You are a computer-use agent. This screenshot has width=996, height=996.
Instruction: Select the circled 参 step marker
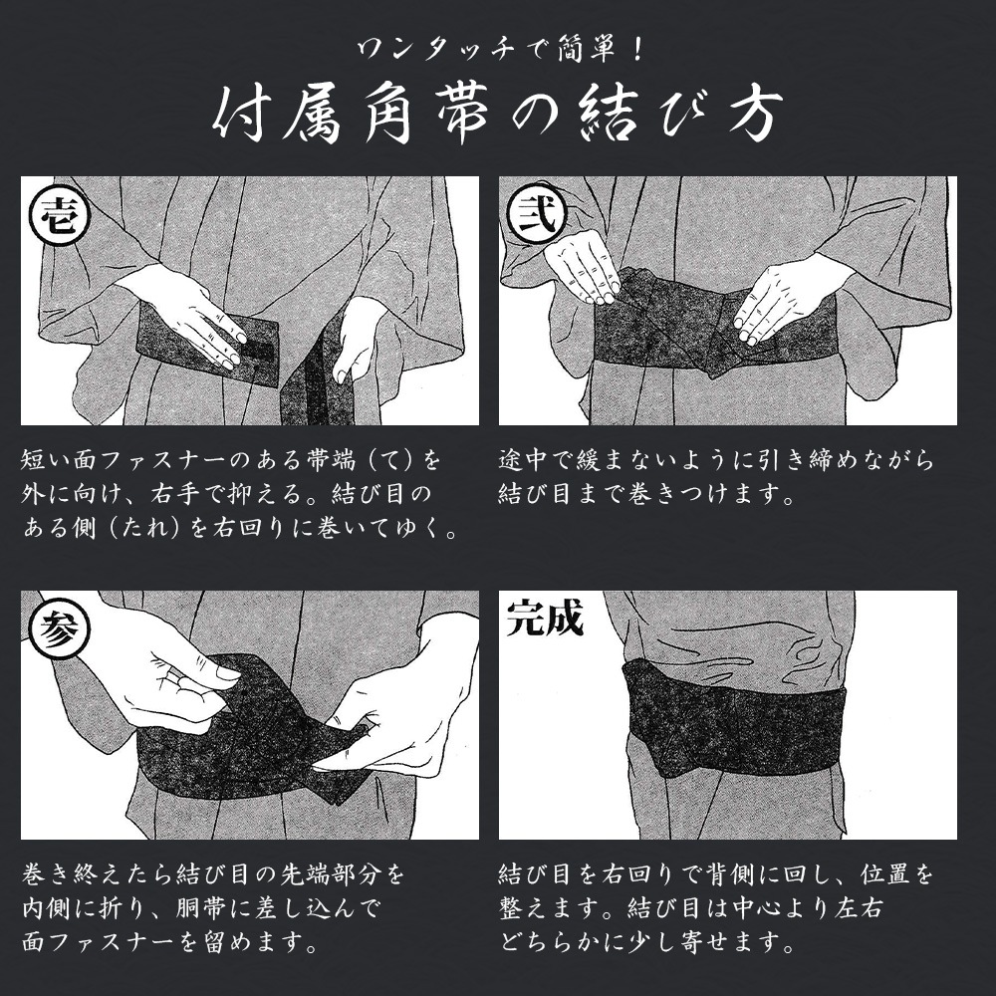(x=59, y=630)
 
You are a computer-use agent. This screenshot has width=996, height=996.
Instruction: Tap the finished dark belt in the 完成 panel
(x=737, y=716)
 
